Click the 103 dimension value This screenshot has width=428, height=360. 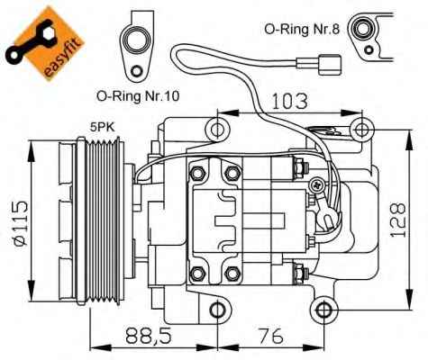[x=289, y=101]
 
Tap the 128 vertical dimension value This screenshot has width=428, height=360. [x=398, y=220]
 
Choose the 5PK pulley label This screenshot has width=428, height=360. [x=103, y=128]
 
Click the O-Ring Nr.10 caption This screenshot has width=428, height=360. [x=138, y=96]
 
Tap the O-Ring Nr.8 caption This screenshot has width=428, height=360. [x=302, y=29]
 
